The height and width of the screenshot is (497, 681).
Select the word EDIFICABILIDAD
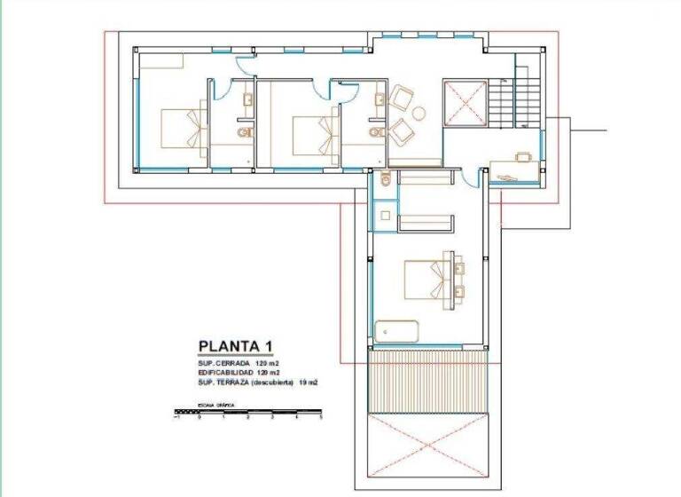click(225, 374)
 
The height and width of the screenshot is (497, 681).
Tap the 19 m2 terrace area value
click(307, 383)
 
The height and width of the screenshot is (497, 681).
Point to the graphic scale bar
click(248, 412)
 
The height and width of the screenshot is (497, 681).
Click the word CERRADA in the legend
click(239, 365)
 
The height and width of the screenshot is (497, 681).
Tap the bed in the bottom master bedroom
click(431, 279)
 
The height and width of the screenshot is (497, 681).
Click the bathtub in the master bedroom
click(396, 331)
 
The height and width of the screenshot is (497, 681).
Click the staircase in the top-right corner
click(516, 100)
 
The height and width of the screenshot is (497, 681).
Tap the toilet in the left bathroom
click(244, 133)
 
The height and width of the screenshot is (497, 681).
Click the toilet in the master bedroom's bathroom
click(385, 180)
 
